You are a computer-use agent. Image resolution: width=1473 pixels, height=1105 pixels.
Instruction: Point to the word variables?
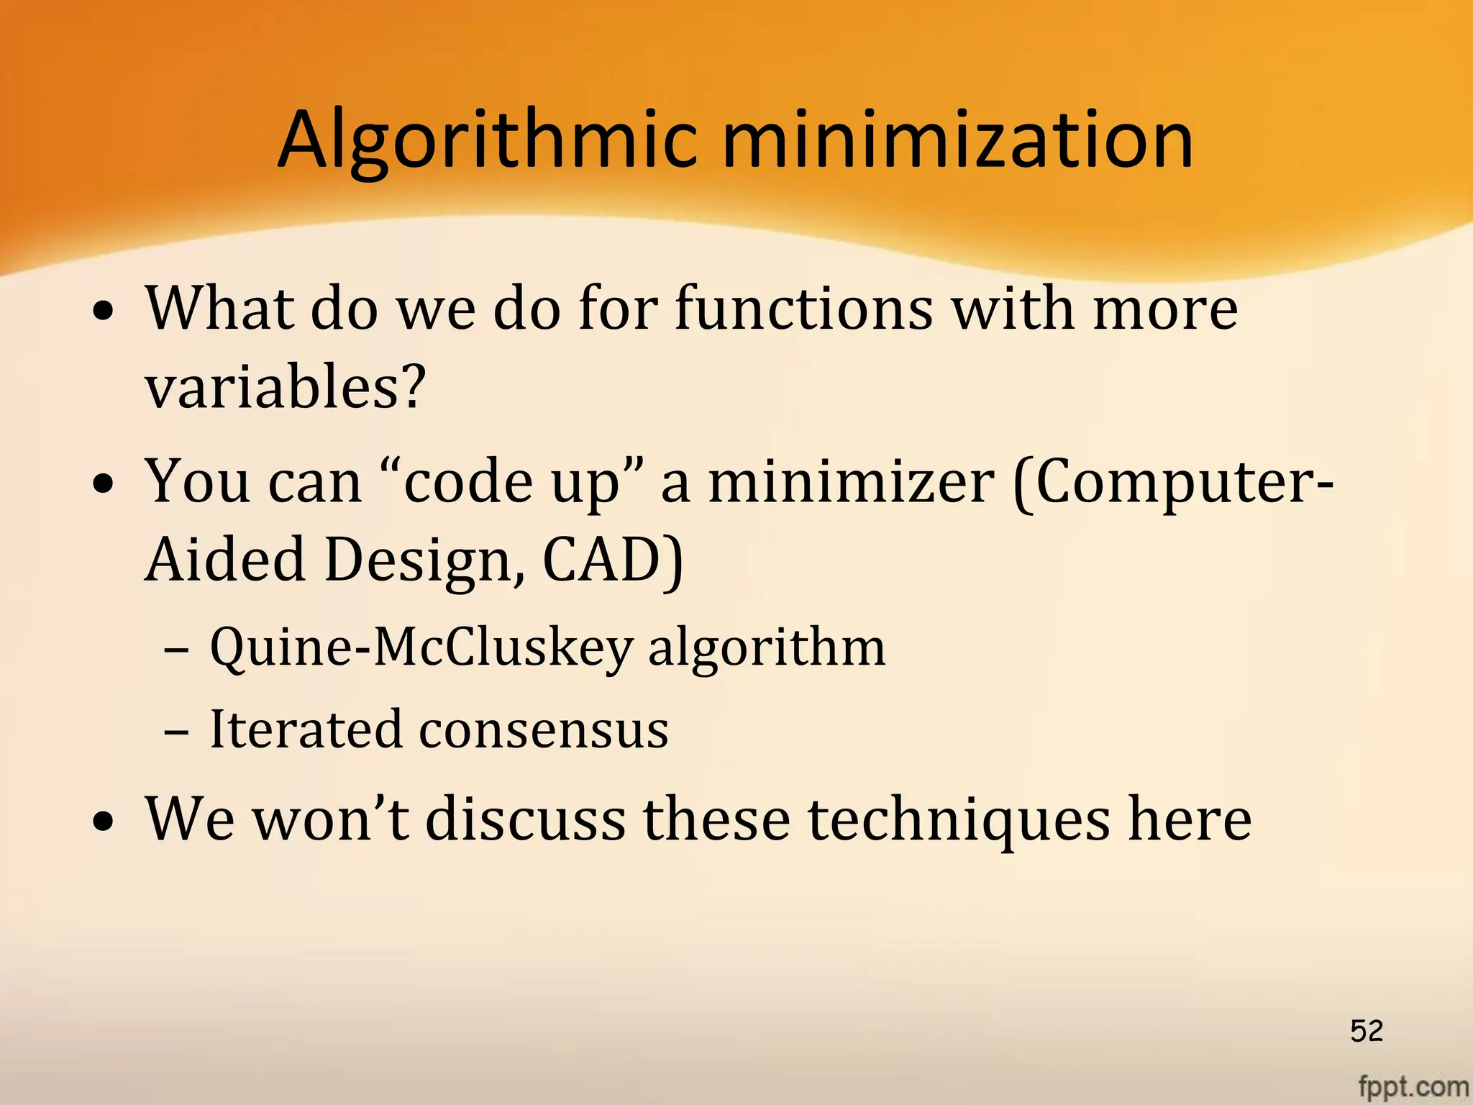tap(286, 386)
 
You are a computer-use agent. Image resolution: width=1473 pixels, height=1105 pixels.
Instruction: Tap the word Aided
tap(225, 560)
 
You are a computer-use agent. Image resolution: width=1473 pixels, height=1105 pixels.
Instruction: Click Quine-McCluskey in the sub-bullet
tap(421, 647)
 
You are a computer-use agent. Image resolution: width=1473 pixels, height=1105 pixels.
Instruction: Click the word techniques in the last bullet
tap(959, 820)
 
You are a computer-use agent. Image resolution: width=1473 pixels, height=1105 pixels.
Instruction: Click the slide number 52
tap(1367, 1031)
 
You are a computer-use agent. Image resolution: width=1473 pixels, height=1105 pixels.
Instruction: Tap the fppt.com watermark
tap(1413, 1086)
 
